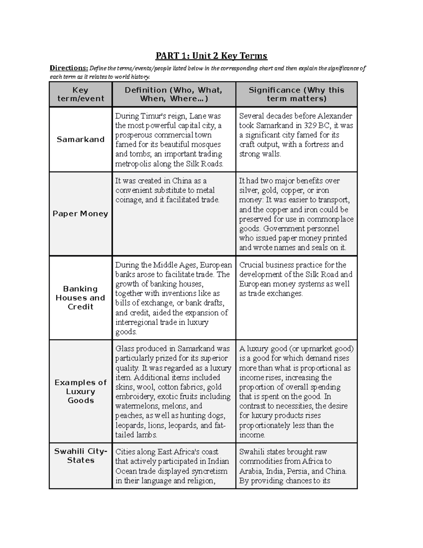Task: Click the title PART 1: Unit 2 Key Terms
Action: point(211,56)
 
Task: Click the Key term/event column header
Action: point(81,94)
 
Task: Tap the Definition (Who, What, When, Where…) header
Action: point(174,94)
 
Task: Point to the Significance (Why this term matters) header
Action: point(296,94)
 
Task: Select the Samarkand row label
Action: point(81,139)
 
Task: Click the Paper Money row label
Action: point(80,214)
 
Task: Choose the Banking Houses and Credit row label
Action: point(81,298)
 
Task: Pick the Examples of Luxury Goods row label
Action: point(81,391)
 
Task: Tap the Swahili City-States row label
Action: point(81,456)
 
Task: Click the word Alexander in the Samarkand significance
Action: point(335,116)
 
